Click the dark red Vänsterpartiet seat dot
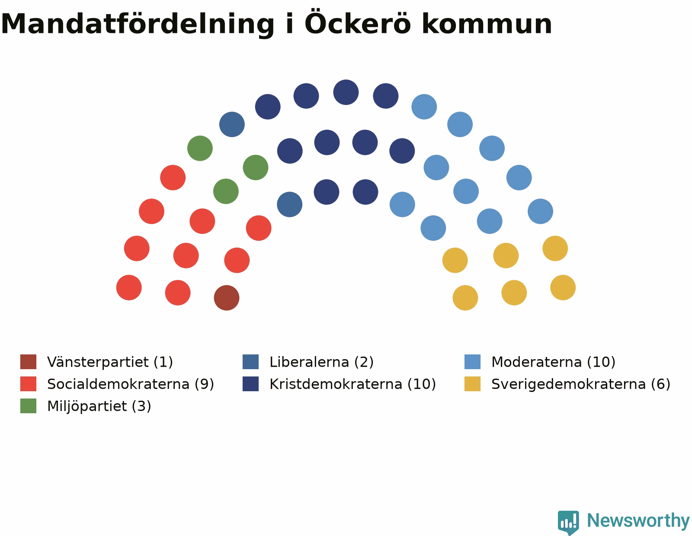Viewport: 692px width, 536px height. pyautogui.click(x=227, y=298)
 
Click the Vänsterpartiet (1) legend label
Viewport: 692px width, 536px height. pyautogui.click(x=110, y=362)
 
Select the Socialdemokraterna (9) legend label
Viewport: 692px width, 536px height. pyautogui.click(x=131, y=384)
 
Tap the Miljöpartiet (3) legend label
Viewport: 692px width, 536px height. pyautogui.click(x=99, y=406)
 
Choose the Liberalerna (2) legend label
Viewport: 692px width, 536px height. pyautogui.click(x=321, y=362)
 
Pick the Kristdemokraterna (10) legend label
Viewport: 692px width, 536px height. pyautogui.click(x=352, y=384)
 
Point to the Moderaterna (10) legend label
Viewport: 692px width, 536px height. pyautogui.click(x=553, y=362)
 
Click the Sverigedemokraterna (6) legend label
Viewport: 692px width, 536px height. pyautogui.click(x=581, y=384)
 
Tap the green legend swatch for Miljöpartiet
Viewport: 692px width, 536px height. pyautogui.click(x=29, y=406)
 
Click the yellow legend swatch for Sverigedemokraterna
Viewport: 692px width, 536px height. pyautogui.click(x=472, y=384)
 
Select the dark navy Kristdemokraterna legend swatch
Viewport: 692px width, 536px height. pyautogui.click(x=250, y=384)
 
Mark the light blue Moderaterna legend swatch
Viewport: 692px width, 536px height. pyautogui.click(x=472, y=361)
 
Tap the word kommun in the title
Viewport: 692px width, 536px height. pyautogui.click(x=487, y=24)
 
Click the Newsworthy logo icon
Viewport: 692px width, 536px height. pyautogui.click(x=568, y=523)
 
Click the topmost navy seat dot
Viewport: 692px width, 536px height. pyautogui.click(x=346, y=93)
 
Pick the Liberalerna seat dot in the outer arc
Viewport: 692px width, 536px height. pyautogui.click(x=232, y=124)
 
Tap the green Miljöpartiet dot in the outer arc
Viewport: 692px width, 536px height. pyautogui.click(x=200, y=148)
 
